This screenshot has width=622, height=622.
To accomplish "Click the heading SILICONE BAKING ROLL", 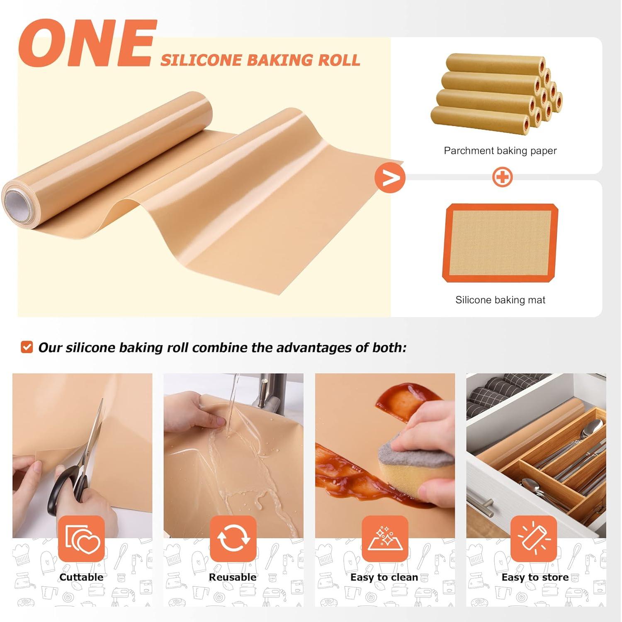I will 260,60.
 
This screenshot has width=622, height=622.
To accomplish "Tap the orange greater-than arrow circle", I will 390,178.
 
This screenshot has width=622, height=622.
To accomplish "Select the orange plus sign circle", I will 502,177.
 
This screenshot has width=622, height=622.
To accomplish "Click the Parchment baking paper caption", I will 500,151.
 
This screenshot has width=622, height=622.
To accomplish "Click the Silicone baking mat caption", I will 500,300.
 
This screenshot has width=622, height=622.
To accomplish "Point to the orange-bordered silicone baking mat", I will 501,243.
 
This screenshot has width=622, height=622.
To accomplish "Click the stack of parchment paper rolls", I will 496,93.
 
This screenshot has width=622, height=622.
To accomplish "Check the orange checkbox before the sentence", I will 27,347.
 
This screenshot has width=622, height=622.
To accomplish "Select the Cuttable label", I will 81,577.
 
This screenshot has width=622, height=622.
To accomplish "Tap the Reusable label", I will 233,577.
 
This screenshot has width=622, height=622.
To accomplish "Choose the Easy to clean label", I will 384,577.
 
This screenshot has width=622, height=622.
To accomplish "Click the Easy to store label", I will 535,577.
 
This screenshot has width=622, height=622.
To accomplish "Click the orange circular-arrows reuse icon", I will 233,538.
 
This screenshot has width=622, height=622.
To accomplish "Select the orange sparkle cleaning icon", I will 385,538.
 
